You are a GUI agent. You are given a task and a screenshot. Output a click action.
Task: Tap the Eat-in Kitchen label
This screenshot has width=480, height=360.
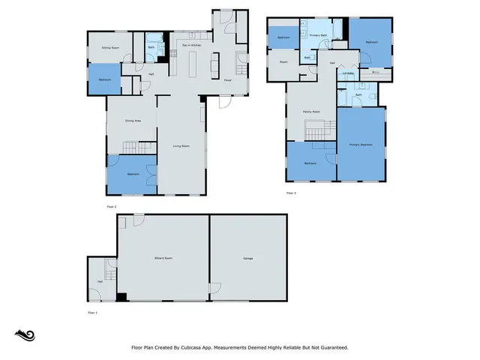point(192,46)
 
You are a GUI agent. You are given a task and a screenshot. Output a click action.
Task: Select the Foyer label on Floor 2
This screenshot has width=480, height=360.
point(227,80)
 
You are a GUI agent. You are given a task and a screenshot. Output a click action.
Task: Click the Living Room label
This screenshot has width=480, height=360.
point(181,146)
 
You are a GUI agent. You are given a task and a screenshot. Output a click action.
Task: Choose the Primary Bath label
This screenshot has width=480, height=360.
point(318,34)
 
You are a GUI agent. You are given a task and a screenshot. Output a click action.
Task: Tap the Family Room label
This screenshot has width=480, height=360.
point(311,112)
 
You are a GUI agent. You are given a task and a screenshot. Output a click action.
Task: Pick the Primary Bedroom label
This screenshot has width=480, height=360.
point(361,144)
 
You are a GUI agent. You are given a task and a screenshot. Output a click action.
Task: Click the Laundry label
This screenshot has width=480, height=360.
point(349,73)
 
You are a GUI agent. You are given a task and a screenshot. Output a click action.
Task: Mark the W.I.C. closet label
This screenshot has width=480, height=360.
point(375,73)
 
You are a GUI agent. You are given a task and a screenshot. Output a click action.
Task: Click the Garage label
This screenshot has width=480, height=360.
point(247,259)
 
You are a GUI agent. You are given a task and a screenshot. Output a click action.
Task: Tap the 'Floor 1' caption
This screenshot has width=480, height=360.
point(93,311)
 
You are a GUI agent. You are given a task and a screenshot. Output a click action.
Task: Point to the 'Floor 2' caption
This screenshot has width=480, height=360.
point(112,205)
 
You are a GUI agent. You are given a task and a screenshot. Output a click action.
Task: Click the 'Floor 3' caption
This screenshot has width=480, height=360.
point(292,193)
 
